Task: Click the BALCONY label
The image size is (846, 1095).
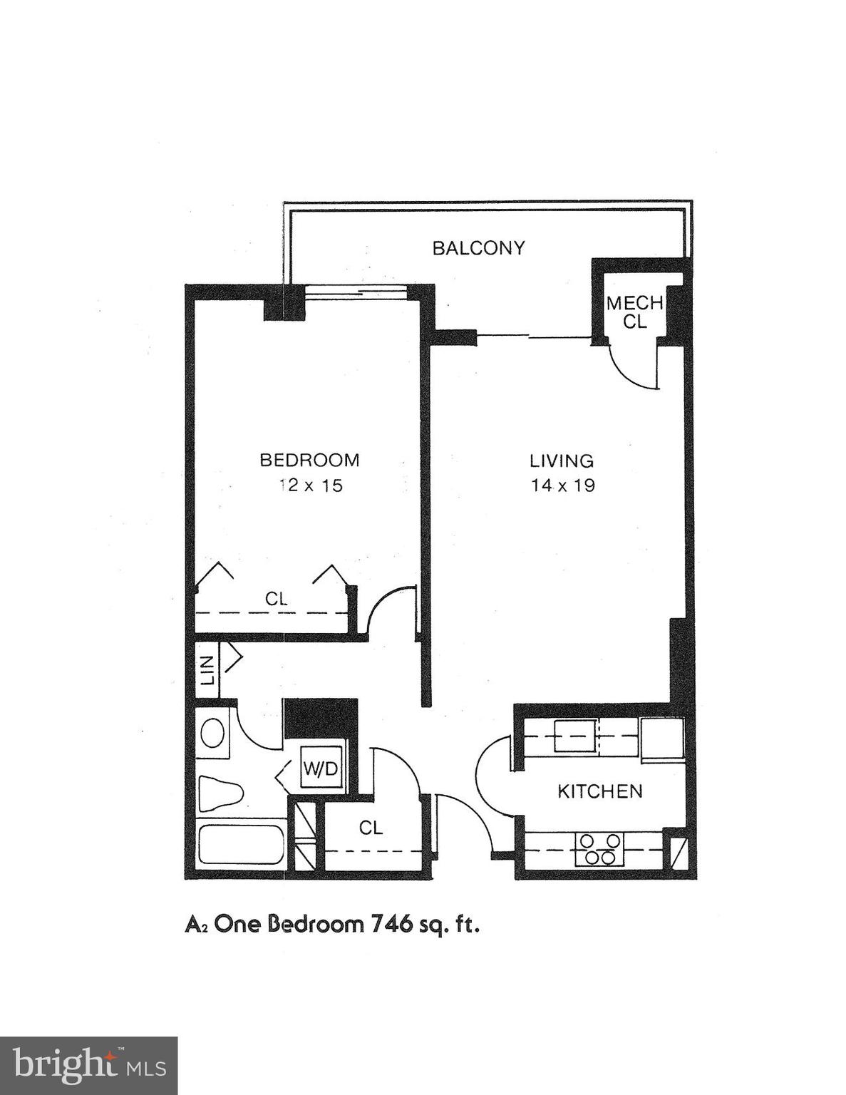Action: [x=478, y=248]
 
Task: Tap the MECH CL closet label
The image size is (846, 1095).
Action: [x=634, y=312]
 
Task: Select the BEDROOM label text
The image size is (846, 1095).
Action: [x=309, y=460]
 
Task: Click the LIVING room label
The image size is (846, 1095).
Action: [x=562, y=461]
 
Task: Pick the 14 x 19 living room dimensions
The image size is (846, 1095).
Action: [x=562, y=485]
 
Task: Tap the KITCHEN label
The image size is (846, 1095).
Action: [x=599, y=791]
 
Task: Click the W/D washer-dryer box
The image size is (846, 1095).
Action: [x=320, y=768]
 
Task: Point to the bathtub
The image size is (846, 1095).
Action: [x=240, y=845]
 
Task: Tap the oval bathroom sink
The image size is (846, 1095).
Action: [x=212, y=732]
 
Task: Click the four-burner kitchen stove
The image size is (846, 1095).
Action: [x=599, y=849]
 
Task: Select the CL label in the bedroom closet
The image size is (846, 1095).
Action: [x=276, y=600]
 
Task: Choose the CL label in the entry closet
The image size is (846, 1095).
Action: [x=371, y=828]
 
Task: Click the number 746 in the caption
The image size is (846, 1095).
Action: [x=391, y=924]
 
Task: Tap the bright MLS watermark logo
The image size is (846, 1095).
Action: [x=88, y=1065]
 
